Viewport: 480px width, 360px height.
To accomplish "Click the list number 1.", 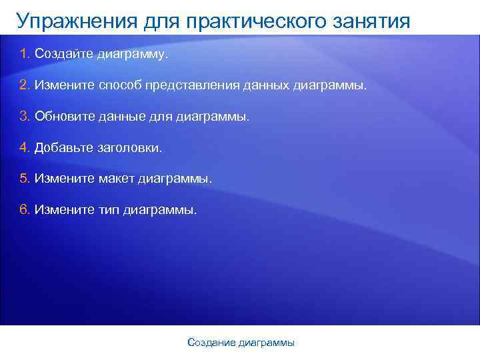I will click(25, 53).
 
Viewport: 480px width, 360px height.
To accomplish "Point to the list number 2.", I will click(25, 85).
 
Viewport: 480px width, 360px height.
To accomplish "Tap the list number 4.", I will click(25, 147).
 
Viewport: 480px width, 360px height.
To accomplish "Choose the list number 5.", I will click(25, 179).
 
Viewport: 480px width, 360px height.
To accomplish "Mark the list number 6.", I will click(25, 210).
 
